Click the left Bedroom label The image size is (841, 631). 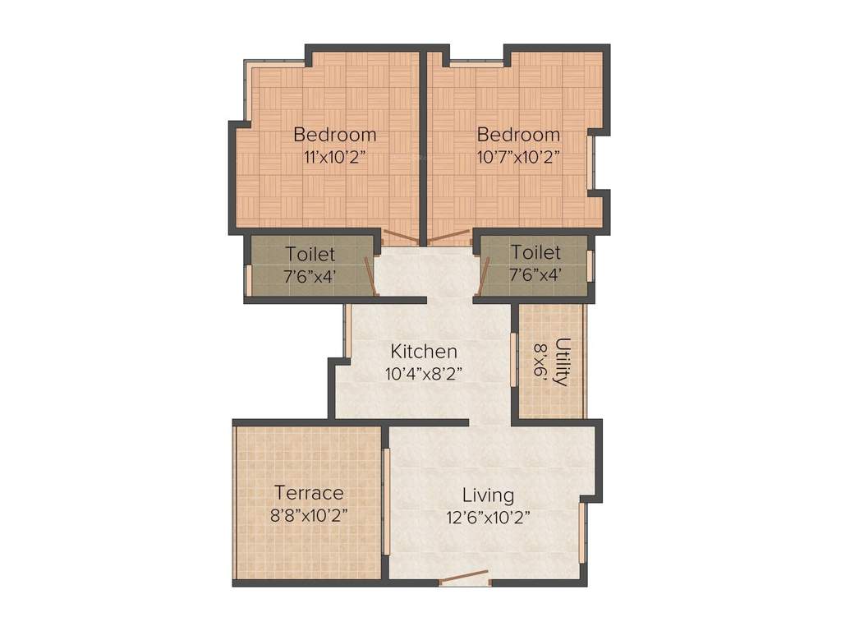coord(335,135)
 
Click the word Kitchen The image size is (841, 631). coord(423,352)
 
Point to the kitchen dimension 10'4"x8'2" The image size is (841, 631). coord(423,374)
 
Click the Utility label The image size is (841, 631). coord(562,362)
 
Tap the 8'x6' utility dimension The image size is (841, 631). coord(540,362)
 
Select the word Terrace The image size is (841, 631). coord(309,493)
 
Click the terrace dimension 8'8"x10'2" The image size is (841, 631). coord(309,516)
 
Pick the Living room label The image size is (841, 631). coord(488,495)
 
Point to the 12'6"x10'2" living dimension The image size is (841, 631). coord(488,518)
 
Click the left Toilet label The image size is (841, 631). coord(310,253)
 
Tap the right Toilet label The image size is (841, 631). coord(535,251)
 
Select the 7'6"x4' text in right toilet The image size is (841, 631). coord(535,274)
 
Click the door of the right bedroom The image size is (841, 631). coord(448,238)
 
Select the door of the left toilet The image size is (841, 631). coord(372,276)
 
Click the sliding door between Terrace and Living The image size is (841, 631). coord(385,501)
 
